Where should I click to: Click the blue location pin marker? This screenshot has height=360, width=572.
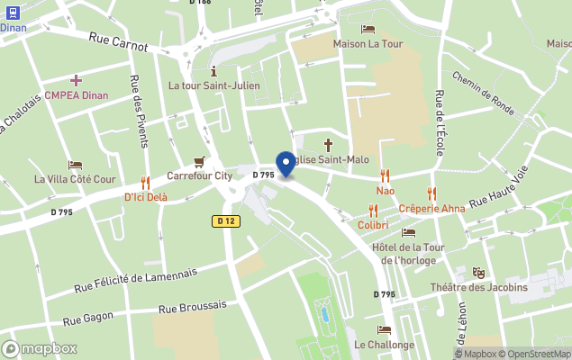[x=286, y=164]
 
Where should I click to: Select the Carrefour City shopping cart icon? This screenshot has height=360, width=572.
[x=199, y=161]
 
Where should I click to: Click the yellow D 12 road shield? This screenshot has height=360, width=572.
[x=225, y=220]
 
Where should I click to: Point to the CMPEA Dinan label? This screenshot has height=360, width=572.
[x=76, y=95]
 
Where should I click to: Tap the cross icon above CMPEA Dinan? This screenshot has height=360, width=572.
[x=76, y=81]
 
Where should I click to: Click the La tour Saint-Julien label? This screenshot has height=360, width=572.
[x=213, y=85]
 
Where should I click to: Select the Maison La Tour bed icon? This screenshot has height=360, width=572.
[x=368, y=29]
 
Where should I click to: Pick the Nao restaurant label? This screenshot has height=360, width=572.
[x=386, y=192]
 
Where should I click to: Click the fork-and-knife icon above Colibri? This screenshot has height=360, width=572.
[x=373, y=210]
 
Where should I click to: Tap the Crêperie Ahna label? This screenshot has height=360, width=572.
[x=431, y=208]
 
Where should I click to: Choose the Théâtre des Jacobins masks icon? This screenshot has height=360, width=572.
[x=479, y=273]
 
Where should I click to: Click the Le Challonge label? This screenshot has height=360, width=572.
[x=385, y=345]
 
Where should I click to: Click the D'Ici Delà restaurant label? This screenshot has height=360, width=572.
[x=145, y=197]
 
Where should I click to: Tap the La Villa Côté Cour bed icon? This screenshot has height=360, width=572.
[x=76, y=165]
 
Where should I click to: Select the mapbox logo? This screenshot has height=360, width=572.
[x=40, y=348]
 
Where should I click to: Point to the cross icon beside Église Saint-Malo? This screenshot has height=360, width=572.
[x=328, y=144]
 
